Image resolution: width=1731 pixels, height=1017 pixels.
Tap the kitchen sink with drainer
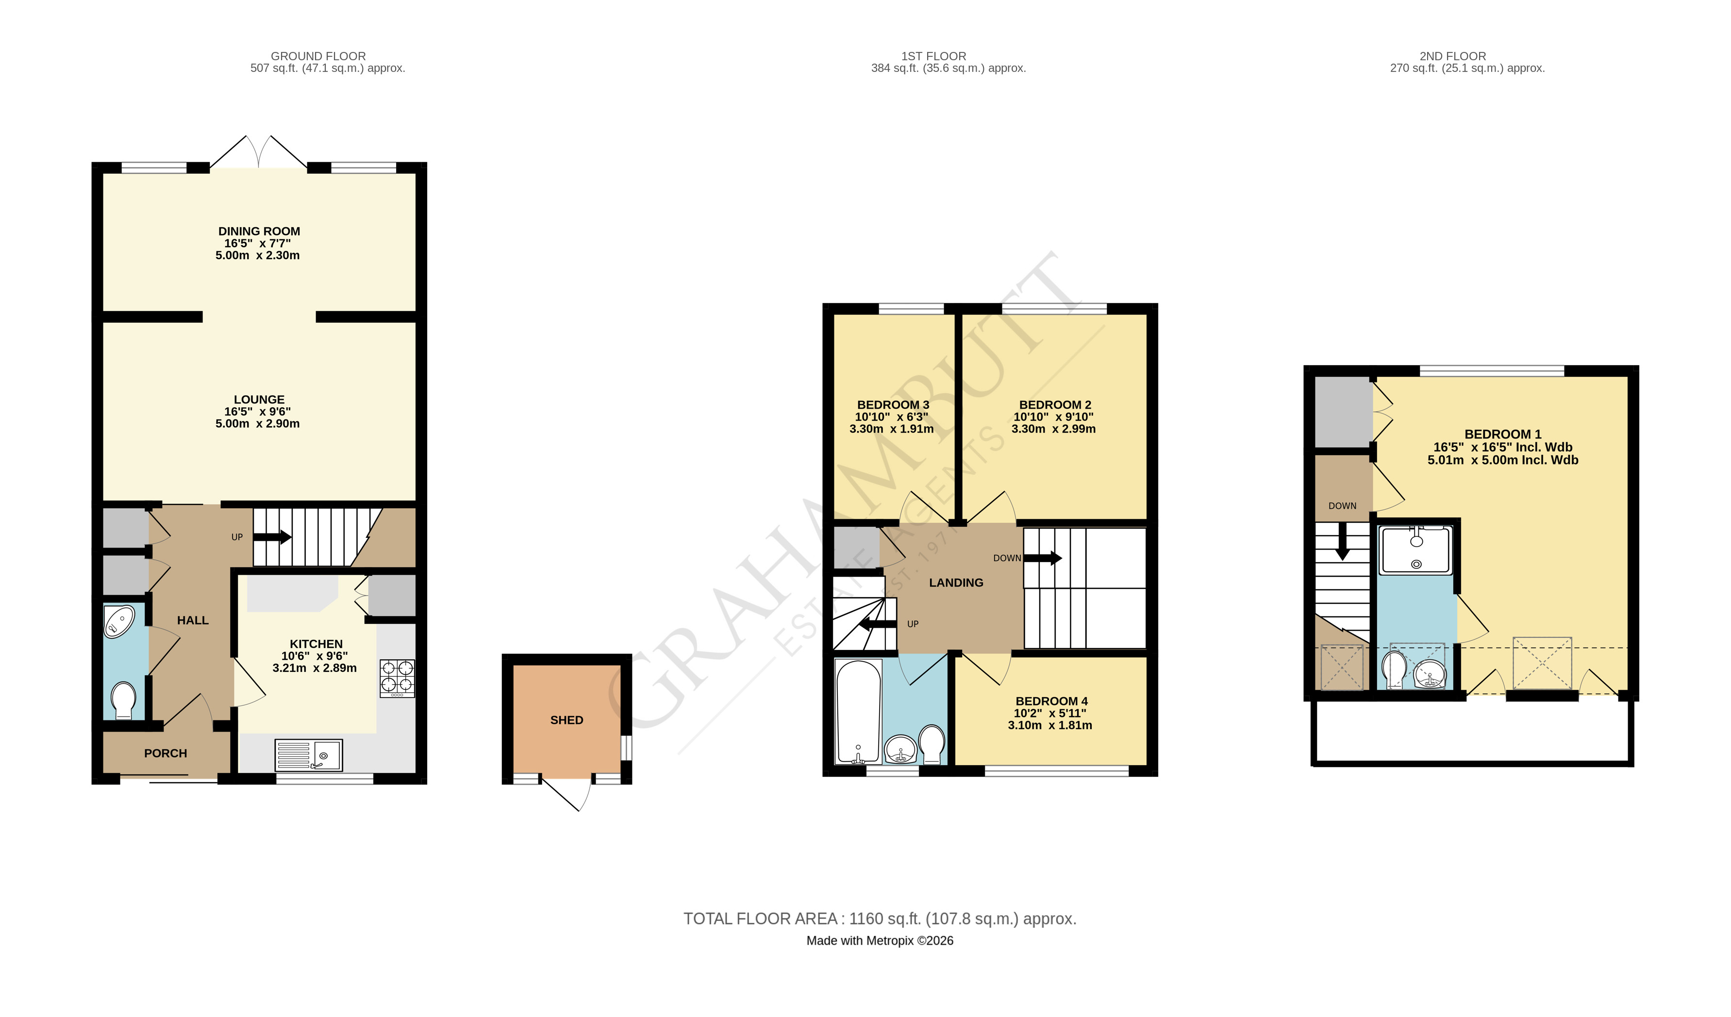[308, 755]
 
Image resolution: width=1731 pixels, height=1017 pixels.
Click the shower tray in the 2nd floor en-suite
[1415, 550]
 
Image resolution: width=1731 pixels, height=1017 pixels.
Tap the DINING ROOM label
[259, 232]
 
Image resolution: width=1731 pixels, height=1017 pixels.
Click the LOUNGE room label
[259, 399]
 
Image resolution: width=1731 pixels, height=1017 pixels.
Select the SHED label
[566, 720]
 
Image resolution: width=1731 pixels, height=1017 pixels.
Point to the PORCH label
[166, 753]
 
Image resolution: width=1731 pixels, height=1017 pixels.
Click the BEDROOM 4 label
[1051, 701]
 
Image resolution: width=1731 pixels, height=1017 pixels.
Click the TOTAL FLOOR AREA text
[879, 919]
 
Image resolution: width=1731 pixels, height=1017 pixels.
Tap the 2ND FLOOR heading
[1453, 56]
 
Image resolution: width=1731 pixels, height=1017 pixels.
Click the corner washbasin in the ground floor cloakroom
[119, 621]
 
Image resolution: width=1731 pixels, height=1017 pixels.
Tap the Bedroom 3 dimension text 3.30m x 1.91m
[892, 429]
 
